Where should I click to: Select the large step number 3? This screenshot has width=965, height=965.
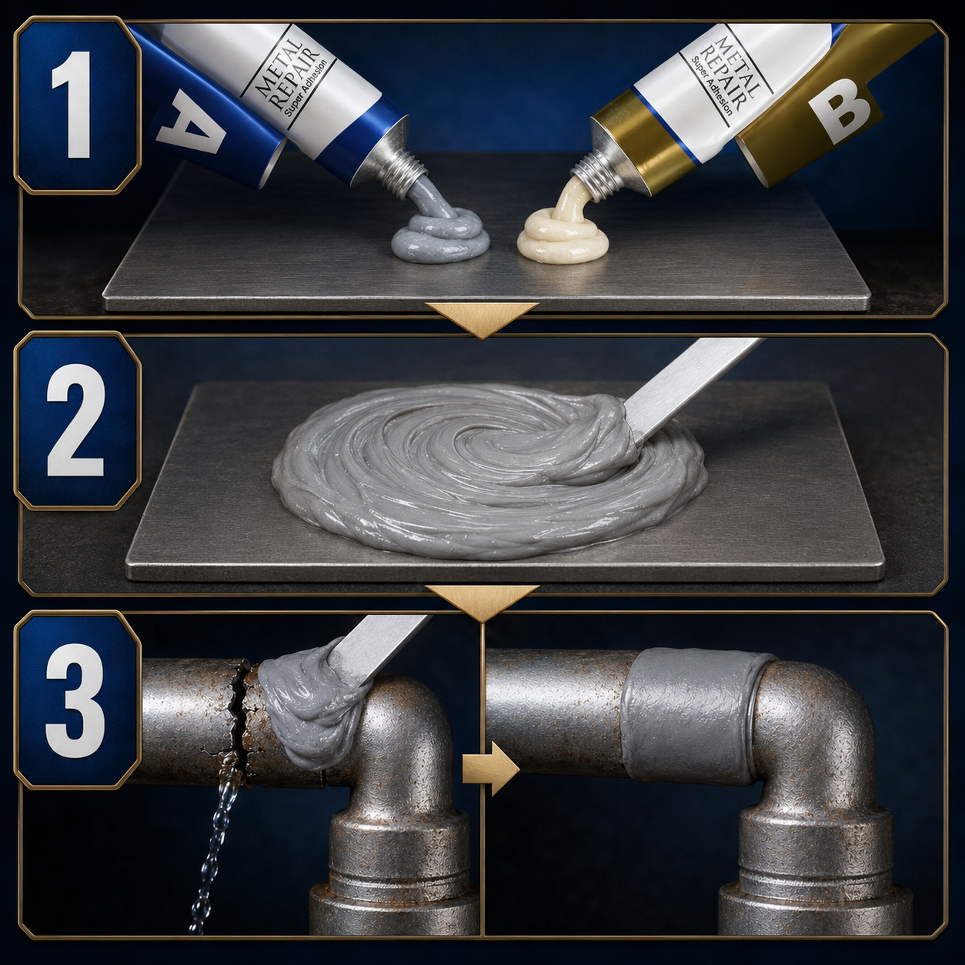tap(76, 698)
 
